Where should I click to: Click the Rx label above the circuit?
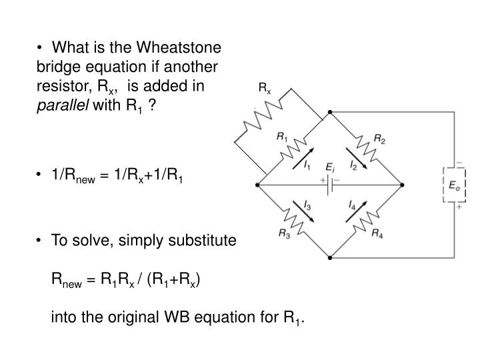[x=265, y=87]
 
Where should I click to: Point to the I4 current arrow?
[x=353, y=209]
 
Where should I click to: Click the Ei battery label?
[x=329, y=167]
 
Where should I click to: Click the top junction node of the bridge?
[x=329, y=114]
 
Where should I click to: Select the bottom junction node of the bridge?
[x=329, y=256]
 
